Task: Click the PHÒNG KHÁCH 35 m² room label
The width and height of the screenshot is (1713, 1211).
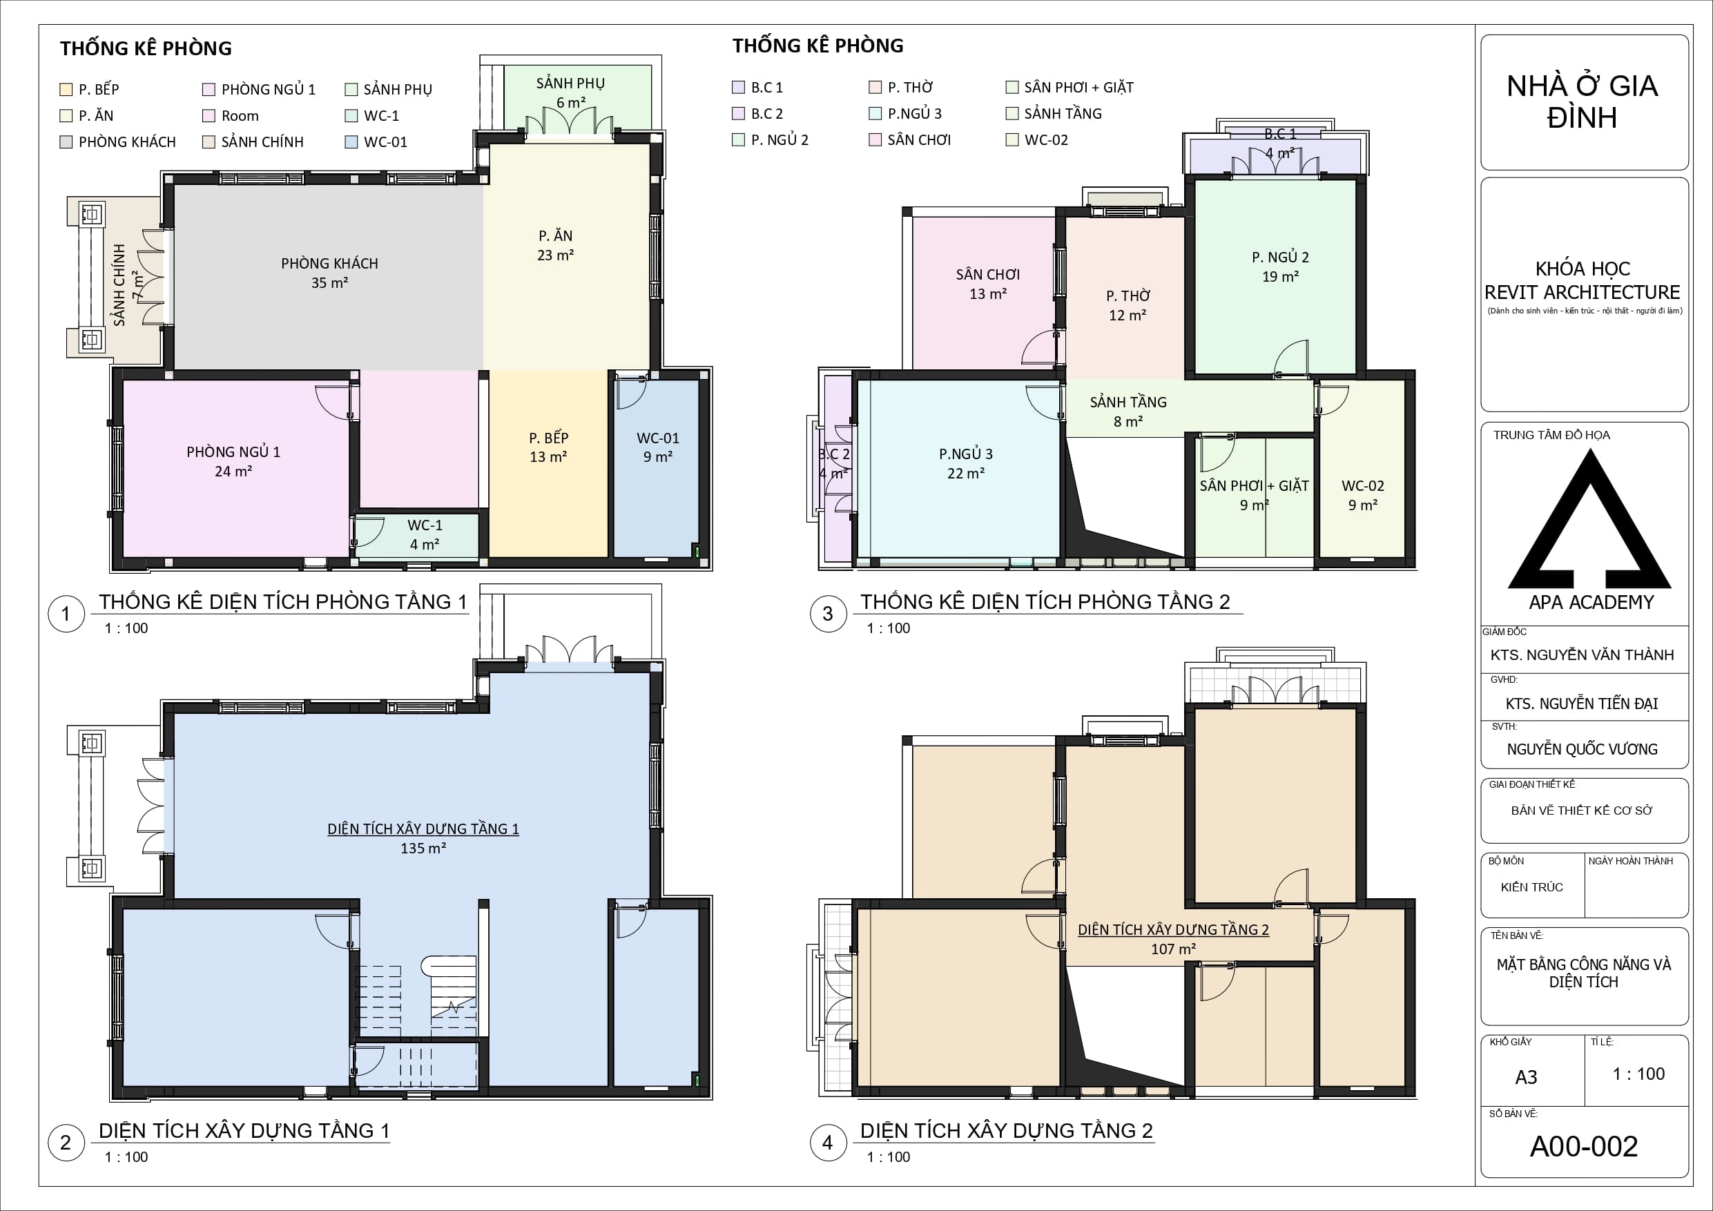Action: tap(329, 272)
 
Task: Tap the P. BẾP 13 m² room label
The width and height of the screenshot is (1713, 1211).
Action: tap(548, 447)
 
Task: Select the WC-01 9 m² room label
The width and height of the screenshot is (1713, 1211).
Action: tap(657, 447)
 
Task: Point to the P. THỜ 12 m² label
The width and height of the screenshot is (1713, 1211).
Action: tap(1128, 305)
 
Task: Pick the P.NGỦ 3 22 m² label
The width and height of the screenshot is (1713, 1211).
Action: tap(965, 463)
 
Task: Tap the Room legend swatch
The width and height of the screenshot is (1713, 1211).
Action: tap(209, 117)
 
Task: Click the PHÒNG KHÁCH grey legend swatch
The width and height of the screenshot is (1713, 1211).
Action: tap(66, 142)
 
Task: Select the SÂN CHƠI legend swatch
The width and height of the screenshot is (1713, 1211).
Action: tap(875, 139)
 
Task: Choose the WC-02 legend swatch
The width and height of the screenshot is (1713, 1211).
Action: tap(1012, 139)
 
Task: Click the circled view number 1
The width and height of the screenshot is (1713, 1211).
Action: tap(66, 614)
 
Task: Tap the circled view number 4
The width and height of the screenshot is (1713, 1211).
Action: tap(827, 1143)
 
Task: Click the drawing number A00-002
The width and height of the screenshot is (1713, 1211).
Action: tap(1583, 1147)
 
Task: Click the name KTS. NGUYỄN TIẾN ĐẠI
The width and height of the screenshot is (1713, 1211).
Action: tap(1581, 704)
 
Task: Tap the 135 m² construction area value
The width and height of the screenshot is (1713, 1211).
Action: tap(423, 849)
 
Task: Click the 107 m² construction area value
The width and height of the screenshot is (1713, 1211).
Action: tap(1173, 949)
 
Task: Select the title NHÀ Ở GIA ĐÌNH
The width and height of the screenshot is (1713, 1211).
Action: tap(1582, 101)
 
